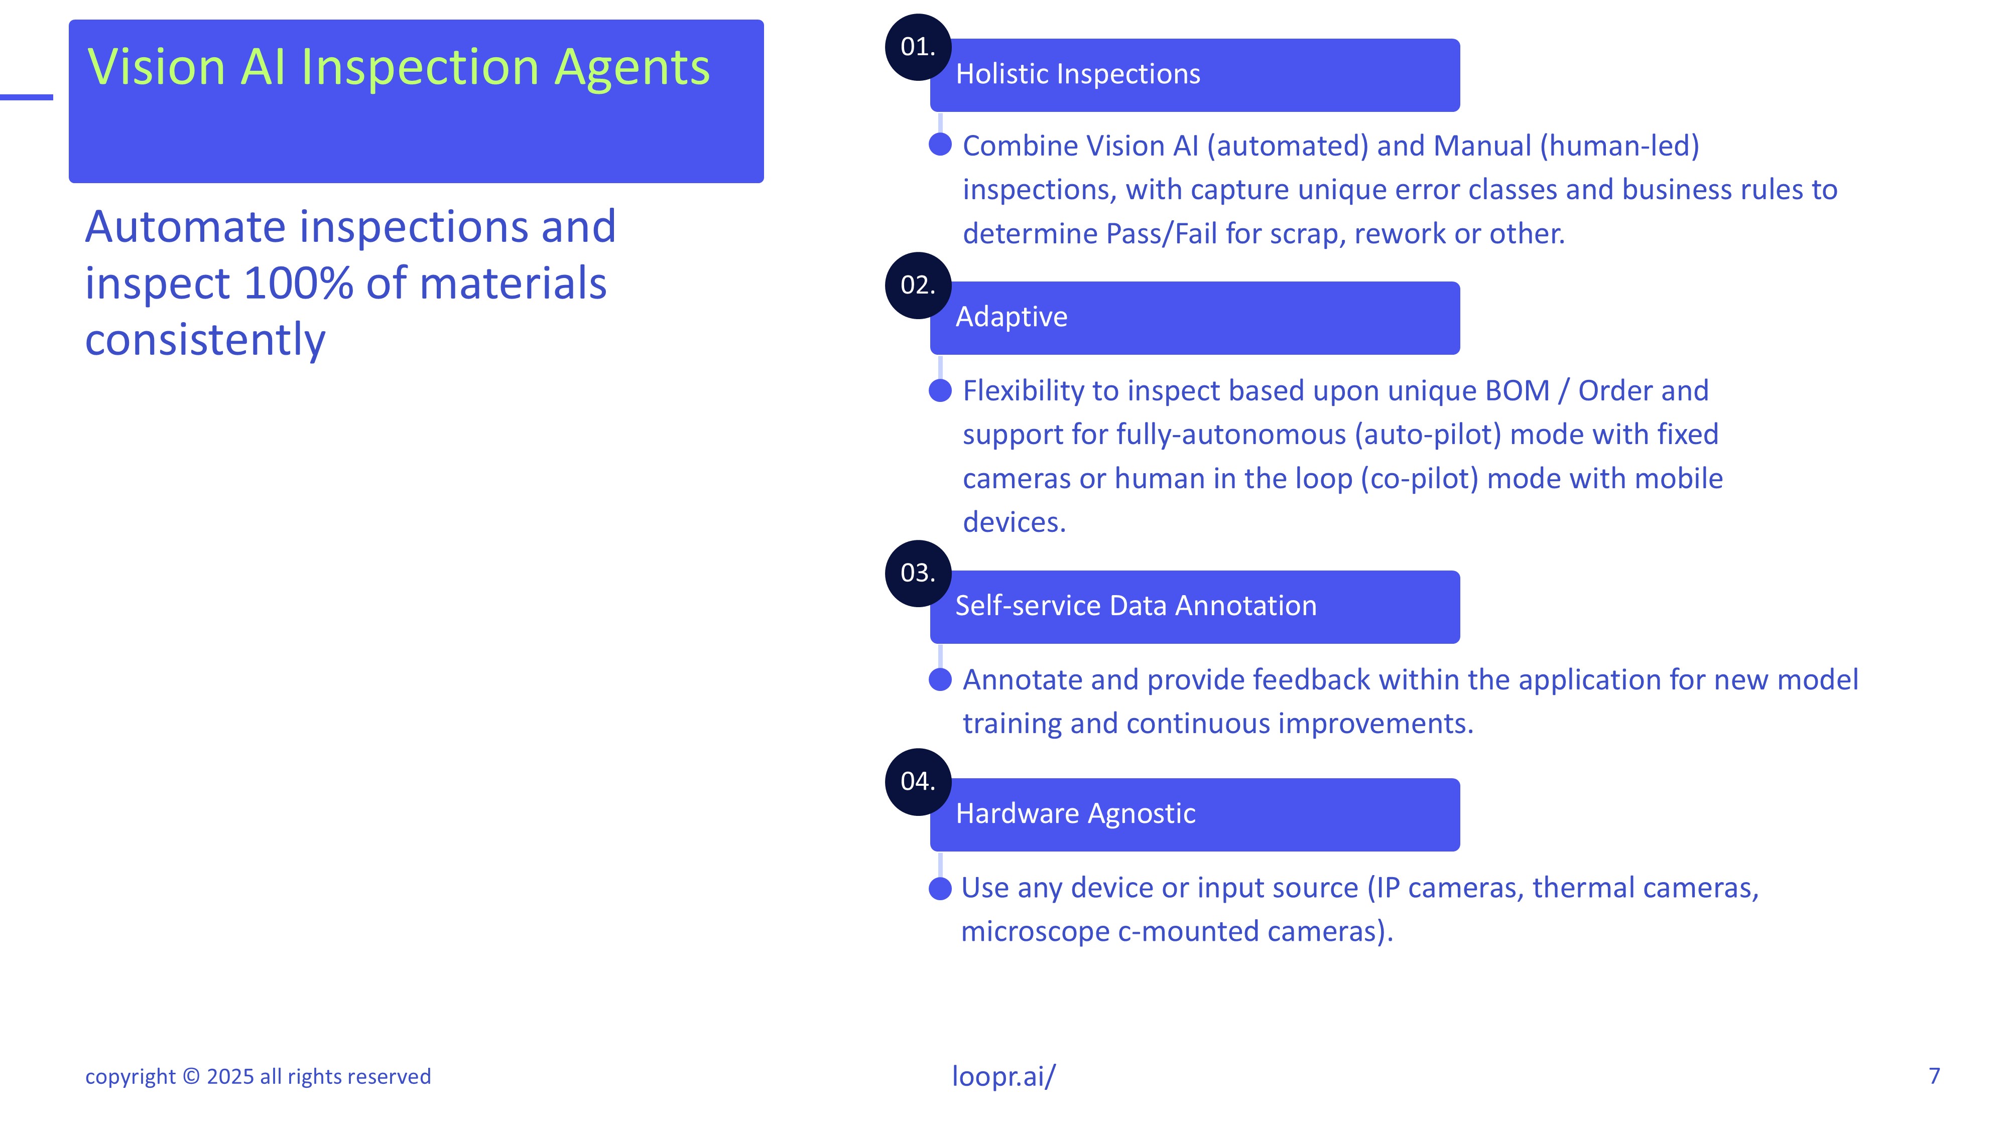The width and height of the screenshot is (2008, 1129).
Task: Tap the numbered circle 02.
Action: click(918, 285)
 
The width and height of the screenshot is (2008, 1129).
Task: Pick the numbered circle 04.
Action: click(918, 781)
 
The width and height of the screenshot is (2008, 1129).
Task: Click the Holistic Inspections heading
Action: click(1078, 74)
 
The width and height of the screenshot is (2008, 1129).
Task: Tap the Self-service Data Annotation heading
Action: click(1136, 606)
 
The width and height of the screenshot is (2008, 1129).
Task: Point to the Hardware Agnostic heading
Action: click(1076, 813)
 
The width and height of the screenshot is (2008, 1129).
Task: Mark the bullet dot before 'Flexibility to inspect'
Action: click(941, 390)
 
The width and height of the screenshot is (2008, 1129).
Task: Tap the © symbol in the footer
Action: click(191, 1076)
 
